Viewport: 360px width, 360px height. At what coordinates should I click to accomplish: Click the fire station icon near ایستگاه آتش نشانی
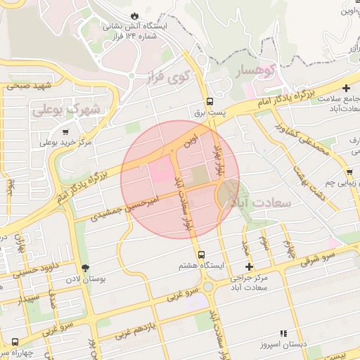pyautogui.click(x=134, y=15)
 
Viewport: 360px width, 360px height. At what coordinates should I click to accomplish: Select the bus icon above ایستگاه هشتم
pyautogui.click(x=202, y=255)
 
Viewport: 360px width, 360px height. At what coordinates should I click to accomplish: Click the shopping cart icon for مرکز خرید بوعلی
pyautogui.click(x=65, y=131)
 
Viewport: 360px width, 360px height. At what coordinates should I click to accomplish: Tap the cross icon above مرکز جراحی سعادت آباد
pyautogui.click(x=249, y=266)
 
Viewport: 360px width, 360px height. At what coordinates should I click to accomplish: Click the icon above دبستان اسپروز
pyautogui.click(x=283, y=333)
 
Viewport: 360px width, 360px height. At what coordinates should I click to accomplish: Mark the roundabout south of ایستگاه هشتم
pyautogui.click(x=208, y=287)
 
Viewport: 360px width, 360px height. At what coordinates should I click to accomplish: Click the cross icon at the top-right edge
pyautogui.click(x=346, y=88)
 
